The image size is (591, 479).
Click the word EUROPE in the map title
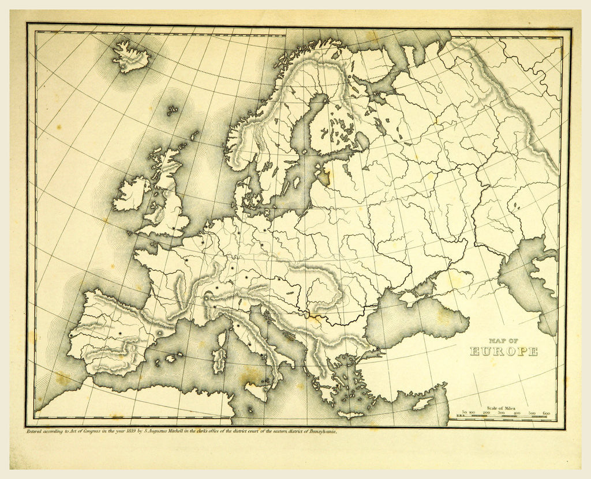click(x=503, y=352)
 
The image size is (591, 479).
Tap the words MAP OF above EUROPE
click(x=503, y=341)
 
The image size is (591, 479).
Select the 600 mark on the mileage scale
click(x=546, y=413)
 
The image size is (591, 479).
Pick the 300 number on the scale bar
click(x=500, y=413)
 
